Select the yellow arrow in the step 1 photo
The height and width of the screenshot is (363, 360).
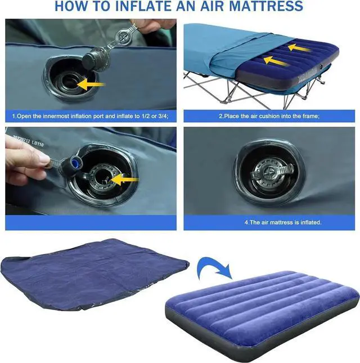(x=93, y=85)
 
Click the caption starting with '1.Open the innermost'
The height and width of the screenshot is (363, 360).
(x=90, y=116)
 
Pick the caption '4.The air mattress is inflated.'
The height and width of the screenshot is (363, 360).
(x=283, y=222)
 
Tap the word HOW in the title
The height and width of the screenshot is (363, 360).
(x=71, y=7)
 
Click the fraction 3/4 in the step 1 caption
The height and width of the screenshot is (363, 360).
(x=160, y=116)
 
